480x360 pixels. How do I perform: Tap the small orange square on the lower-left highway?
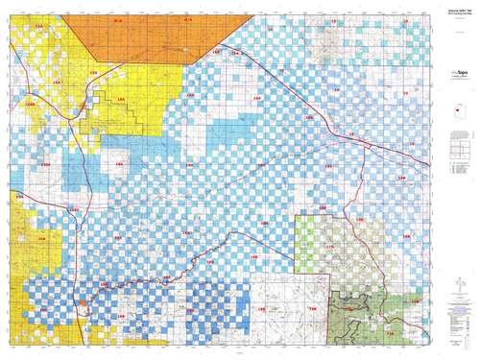pyautogui.click(x=83, y=303)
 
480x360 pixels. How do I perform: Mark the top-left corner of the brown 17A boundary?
pyautogui.click(x=296, y=216)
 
